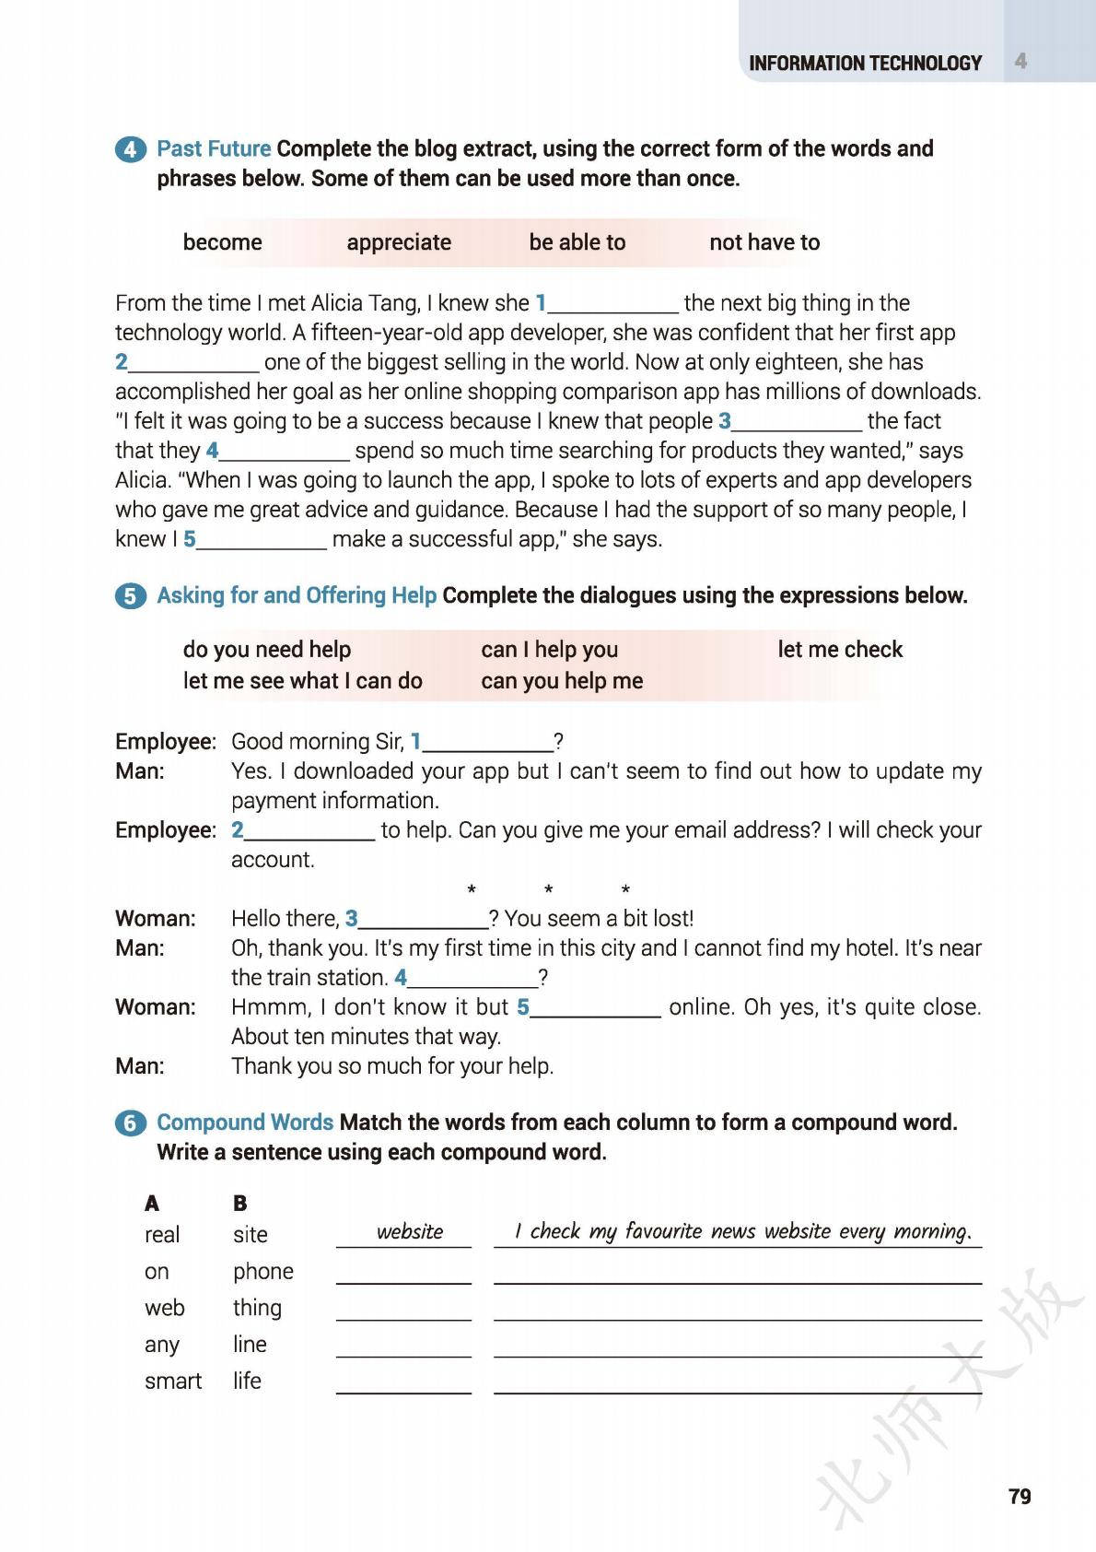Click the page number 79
tap(1020, 1496)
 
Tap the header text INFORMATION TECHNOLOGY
tap(865, 64)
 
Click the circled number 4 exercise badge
tap(130, 149)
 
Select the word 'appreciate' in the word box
tap(399, 242)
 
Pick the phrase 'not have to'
tap(764, 242)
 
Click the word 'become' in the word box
tap(222, 242)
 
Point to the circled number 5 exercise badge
tap(130, 596)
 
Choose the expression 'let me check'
tap(840, 650)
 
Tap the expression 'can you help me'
tap(562, 681)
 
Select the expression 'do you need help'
tap(266, 650)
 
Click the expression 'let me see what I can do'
tap(302, 681)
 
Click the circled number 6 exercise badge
tap(130, 1123)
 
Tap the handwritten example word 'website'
tap(409, 1232)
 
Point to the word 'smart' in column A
tap(172, 1381)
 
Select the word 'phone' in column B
tap(262, 1271)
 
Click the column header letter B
tap(239, 1203)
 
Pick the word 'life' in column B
tap(247, 1381)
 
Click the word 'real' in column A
tap(161, 1235)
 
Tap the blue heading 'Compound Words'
tap(245, 1123)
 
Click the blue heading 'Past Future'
tap(214, 148)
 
